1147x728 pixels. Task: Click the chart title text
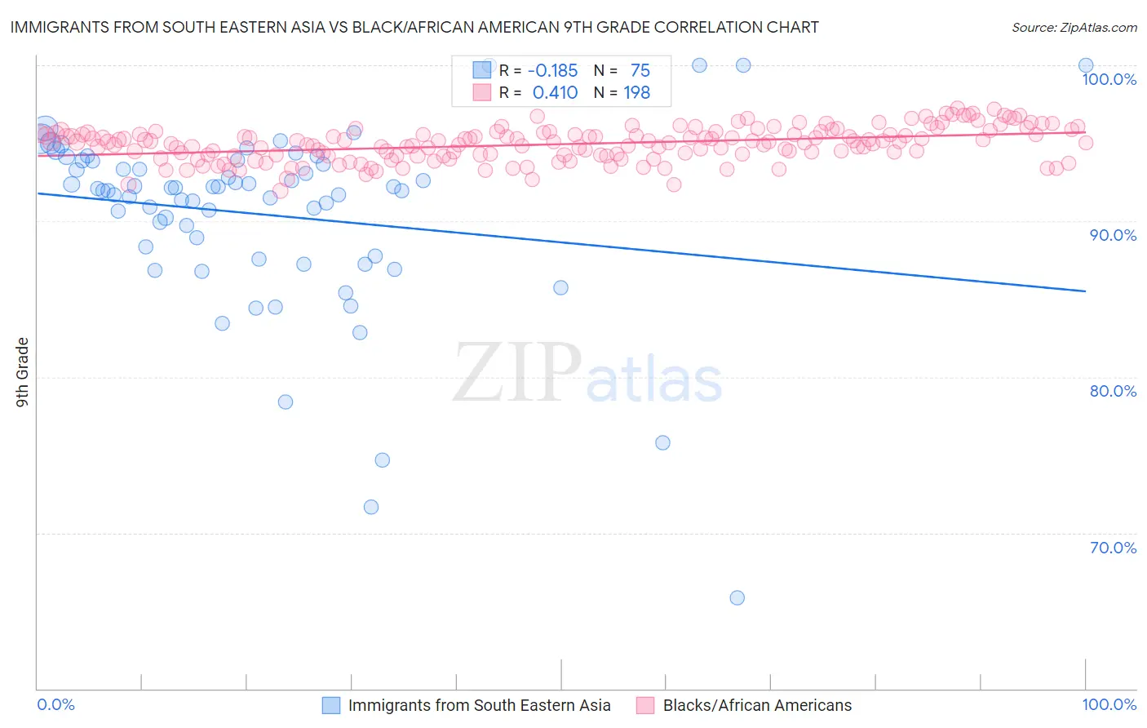click(x=414, y=27)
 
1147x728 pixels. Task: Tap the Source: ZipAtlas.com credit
click(x=1074, y=27)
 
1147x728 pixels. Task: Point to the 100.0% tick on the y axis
click(x=1109, y=79)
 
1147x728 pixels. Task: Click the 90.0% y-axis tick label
click(x=1113, y=235)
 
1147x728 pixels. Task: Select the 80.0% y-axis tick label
click(x=1113, y=391)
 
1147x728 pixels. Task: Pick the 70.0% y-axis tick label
click(x=1113, y=548)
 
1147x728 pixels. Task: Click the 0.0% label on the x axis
click(x=55, y=704)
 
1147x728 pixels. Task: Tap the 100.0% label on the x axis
click(x=1109, y=704)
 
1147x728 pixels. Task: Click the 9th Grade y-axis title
click(x=22, y=372)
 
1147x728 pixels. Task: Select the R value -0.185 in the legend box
click(x=552, y=71)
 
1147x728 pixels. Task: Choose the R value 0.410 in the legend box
click(x=555, y=93)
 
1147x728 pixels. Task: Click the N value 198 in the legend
click(x=636, y=93)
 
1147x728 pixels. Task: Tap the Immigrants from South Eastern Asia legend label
click(x=479, y=705)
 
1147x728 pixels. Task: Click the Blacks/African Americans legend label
click(x=756, y=705)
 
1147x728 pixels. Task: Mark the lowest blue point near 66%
click(x=737, y=597)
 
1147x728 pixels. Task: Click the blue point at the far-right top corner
click(x=1085, y=65)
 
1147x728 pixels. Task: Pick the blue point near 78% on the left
click(x=285, y=402)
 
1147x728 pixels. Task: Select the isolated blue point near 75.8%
click(x=662, y=442)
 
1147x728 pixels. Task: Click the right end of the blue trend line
click(x=1085, y=291)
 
